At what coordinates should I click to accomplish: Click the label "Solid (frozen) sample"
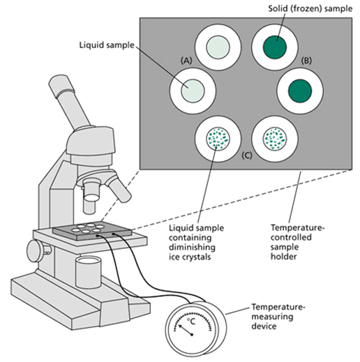point(310,8)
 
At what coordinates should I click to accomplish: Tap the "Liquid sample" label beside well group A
point(107,45)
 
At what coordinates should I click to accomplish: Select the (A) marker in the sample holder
point(186,61)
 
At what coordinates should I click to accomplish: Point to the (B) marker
point(306,61)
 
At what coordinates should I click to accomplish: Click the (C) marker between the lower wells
point(246,155)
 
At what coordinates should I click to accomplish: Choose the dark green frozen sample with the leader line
point(275,47)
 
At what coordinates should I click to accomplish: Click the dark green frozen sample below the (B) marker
point(300,91)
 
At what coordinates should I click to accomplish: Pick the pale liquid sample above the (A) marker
point(218,47)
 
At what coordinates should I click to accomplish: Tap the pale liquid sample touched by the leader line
point(193,91)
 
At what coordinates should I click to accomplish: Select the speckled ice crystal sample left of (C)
point(218,139)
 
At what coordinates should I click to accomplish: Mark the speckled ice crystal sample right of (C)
point(275,139)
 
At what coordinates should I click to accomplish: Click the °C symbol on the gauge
point(191,322)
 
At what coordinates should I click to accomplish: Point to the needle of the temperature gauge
point(185,329)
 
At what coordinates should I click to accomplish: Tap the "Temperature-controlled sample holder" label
point(297,242)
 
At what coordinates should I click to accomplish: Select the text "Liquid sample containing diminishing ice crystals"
point(196,242)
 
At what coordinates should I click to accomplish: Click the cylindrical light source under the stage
point(89,271)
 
